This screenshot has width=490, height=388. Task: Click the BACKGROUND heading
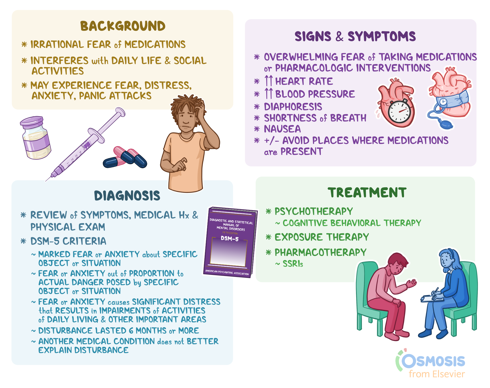(123, 26)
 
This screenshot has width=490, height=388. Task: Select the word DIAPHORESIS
(293, 106)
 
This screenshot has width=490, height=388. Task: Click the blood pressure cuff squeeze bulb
(445, 125)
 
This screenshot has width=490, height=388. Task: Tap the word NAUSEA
(282, 129)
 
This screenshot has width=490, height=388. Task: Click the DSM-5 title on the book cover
(230, 238)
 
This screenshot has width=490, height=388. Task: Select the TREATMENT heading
(367, 193)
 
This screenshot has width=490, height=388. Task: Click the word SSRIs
(293, 264)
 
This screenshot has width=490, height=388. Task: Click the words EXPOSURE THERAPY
(322, 237)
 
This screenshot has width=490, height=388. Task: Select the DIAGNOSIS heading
(127, 196)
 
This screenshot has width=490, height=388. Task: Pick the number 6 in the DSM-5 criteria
(131, 331)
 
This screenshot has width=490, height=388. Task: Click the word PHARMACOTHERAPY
(320, 252)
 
